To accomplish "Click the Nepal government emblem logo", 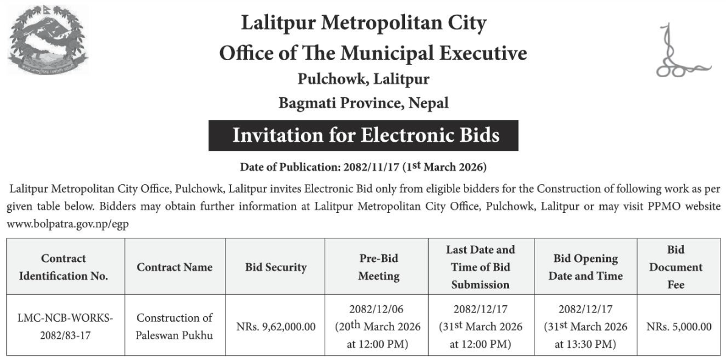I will [47, 40].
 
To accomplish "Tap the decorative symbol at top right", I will [679, 52].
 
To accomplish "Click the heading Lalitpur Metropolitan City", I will [364, 23].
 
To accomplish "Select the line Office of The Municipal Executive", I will [373, 53].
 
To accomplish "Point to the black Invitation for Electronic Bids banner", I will [363, 135].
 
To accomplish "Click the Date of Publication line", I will [363, 166].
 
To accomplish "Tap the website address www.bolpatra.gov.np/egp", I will [67, 223].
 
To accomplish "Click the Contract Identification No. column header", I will [64, 267].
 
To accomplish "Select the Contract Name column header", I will [175, 267].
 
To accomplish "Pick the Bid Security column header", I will [275, 267].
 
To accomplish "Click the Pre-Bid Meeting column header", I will [378, 267].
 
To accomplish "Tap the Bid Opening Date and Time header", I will [586, 267].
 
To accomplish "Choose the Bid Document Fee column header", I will [676, 267].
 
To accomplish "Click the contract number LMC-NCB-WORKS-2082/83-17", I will [66, 327].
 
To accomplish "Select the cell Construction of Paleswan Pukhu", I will [175, 327].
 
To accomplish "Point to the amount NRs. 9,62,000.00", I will [275, 327].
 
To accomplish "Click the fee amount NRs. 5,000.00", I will [679, 327].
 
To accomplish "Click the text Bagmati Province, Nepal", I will [363, 103].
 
